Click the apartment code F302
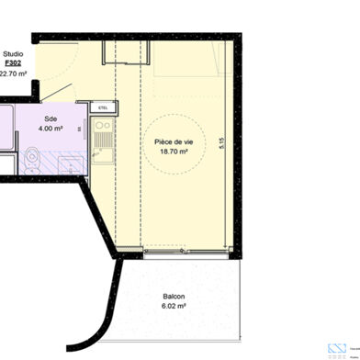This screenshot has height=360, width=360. [14, 65]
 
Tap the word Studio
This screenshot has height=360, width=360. [14, 54]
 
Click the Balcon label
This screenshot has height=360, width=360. [174, 297]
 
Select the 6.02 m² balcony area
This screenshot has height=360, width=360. [174, 307]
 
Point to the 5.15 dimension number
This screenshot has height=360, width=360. [221, 143]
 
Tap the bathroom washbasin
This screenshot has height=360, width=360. [69, 164]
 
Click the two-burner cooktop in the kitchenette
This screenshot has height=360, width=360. [103, 127]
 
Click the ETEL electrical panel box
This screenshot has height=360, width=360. [91, 107]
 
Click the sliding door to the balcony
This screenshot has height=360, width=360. [184, 251]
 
